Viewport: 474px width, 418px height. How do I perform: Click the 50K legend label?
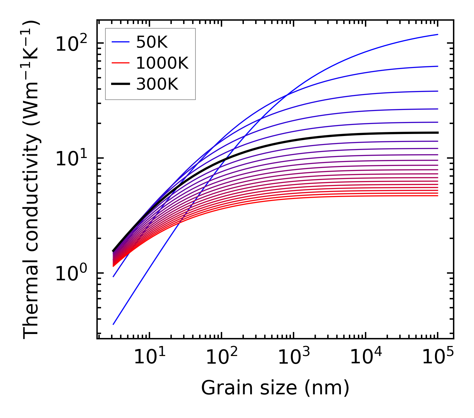pos(152,42)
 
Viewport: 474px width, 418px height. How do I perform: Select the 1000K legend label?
pos(162,63)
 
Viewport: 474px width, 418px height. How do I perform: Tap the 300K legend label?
pos(157,84)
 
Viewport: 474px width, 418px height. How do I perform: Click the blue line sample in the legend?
pos(120,42)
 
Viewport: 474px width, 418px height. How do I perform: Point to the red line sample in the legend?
pos(120,63)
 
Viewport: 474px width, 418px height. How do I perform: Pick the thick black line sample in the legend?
pos(120,84)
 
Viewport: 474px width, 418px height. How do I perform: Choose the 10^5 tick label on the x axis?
pos(437,357)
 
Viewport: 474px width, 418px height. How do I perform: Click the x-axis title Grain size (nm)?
pos(275,388)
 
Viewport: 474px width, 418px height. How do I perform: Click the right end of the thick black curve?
pos(438,133)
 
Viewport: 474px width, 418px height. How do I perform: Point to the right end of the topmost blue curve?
pos(438,34)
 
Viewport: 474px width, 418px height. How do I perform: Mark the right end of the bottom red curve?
pos(438,195)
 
